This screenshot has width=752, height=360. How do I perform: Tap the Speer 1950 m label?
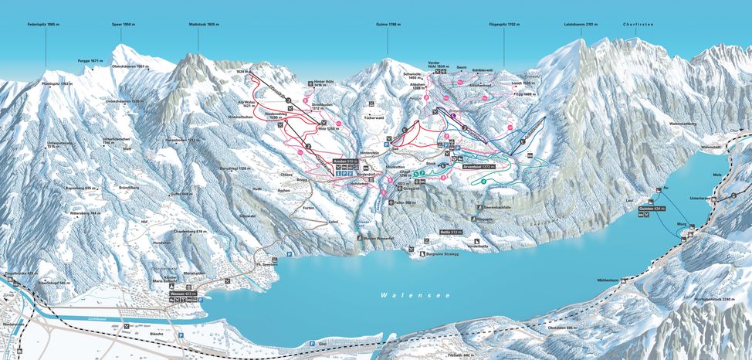[124, 25]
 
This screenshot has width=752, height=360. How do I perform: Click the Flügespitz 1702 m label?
[502, 25]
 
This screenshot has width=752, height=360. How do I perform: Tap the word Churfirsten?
[641, 25]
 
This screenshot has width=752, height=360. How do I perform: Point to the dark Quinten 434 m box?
[652, 209]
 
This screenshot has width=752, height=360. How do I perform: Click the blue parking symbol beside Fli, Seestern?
[290, 253]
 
